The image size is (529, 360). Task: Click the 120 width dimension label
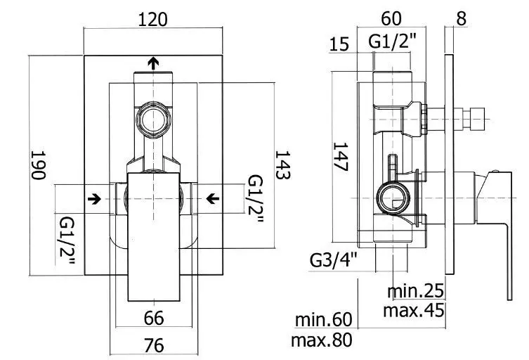(153, 19)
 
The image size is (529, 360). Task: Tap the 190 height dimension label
(38, 165)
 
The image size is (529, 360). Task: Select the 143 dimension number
(282, 165)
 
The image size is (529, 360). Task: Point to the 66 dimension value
(154, 318)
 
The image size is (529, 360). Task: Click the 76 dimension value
(154, 345)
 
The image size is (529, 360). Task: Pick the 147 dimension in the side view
(340, 157)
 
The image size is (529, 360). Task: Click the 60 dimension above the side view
(391, 18)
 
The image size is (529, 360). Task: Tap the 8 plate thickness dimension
(462, 18)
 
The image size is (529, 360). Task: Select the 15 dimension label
(339, 44)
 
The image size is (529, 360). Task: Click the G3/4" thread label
(333, 260)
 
